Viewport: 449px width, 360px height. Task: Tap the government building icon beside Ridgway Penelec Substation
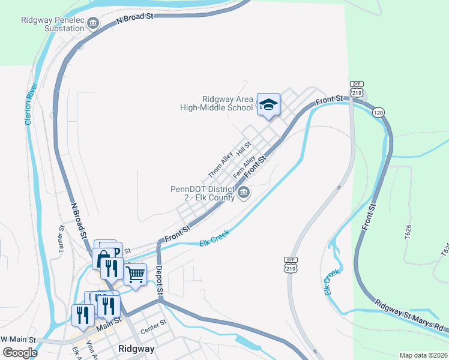pyautogui.click(x=94, y=23)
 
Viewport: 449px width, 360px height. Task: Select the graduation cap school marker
pyautogui.click(x=268, y=104)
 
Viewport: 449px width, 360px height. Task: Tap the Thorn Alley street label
pyautogui.click(x=220, y=163)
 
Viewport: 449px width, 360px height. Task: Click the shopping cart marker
pyautogui.click(x=136, y=274)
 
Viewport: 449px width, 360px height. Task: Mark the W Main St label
pyautogui.click(x=18, y=340)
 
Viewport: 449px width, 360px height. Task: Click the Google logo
pyautogui.click(x=20, y=352)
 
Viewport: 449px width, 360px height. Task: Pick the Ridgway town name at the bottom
pyautogui.click(x=136, y=349)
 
